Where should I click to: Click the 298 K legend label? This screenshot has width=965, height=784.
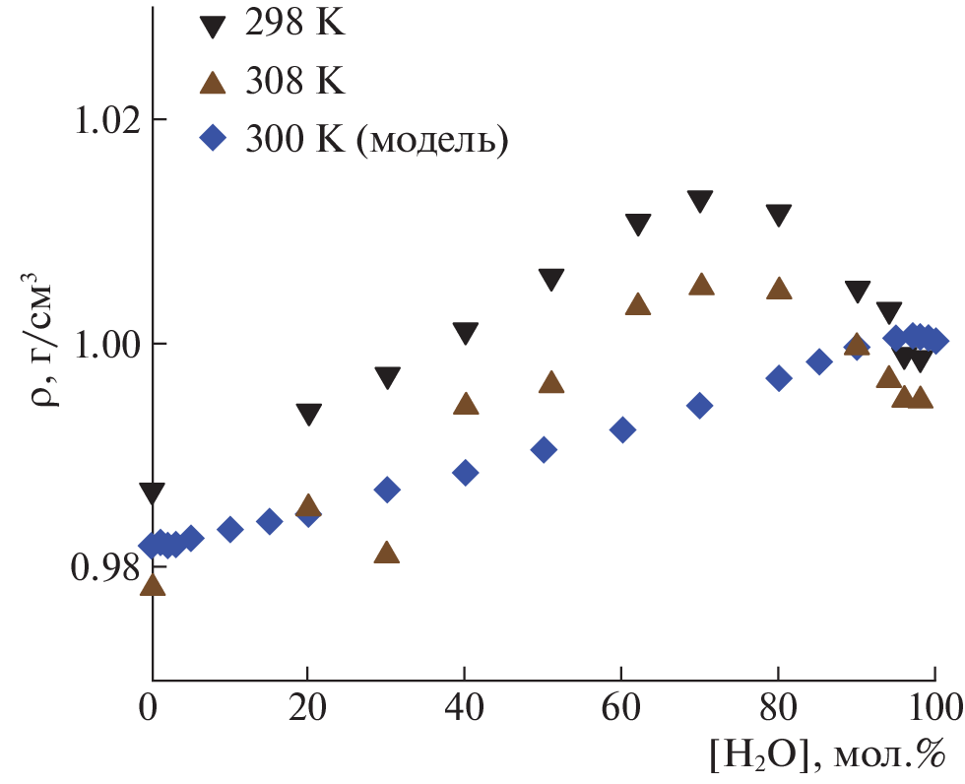pos(295,25)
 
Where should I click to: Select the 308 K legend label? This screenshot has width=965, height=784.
pos(295,82)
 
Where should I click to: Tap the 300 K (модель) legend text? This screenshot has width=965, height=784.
pos(378,139)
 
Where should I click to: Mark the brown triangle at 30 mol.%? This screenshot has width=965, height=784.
pos(387,553)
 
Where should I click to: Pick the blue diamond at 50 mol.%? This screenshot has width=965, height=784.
pos(543,450)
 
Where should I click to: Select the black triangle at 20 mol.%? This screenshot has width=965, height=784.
pos(308,415)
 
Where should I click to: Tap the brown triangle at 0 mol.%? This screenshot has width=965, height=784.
pos(153,585)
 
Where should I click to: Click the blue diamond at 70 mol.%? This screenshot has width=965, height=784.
pos(700,405)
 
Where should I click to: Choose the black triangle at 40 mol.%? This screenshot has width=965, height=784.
pos(466,334)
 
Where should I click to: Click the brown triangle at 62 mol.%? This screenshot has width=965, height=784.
pos(638,304)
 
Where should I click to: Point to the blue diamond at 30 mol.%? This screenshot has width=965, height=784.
pos(387,490)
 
